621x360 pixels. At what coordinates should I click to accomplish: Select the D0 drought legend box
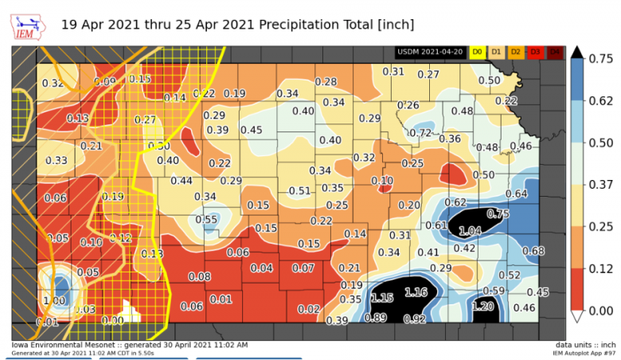(x=477, y=52)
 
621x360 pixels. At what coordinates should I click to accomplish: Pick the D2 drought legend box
(x=515, y=52)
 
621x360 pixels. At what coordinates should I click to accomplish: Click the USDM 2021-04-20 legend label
(x=431, y=52)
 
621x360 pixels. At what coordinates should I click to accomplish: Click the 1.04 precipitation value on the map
(x=471, y=230)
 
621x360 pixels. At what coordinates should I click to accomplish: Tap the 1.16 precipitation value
(x=416, y=293)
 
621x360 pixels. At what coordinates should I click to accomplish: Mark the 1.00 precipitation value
(x=55, y=301)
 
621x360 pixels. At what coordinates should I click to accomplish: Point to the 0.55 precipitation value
(x=207, y=220)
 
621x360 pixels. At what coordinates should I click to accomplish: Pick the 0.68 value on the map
(x=533, y=252)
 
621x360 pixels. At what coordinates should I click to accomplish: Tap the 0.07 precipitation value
(x=303, y=268)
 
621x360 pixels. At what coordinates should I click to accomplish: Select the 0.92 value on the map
(x=415, y=319)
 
